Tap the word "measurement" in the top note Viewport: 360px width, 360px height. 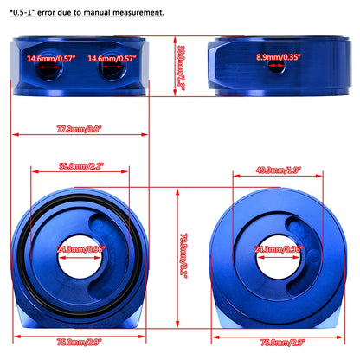pos(137,14)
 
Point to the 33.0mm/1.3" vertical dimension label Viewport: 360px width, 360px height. pos(179,60)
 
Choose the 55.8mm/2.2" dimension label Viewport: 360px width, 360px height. pos(80,166)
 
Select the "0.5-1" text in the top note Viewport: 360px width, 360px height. pos(22,14)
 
